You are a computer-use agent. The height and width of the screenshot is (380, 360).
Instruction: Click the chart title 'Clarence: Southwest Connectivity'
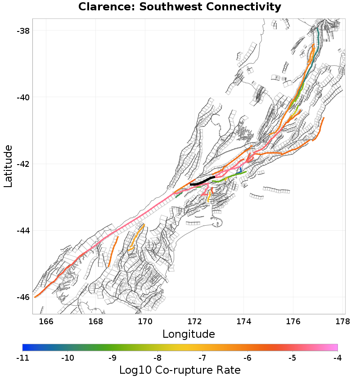pyautogui.click(x=180, y=7)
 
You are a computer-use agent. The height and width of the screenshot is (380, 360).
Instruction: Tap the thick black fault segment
pyautogui.click(x=202, y=182)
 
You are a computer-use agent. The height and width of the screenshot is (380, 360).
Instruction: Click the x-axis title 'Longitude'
pyautogui.click(x=189, y=334)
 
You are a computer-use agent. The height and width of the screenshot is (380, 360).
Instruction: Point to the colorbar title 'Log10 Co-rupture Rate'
pyautogui.click(x=180, y=370)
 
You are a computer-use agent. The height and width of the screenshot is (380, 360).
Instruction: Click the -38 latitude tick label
pyautogui.click(x=22, y=31)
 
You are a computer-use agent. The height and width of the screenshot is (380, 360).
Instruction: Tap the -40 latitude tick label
pyautogui.click(x=22, y=97)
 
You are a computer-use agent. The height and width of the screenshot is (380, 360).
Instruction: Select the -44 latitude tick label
pyautogui.click(x=22, y=231)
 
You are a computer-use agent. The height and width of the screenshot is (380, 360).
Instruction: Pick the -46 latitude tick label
pyautogui.click(x=22, y=297)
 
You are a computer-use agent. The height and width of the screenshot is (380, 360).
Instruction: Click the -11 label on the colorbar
pyautogui.click(x=22, y=358)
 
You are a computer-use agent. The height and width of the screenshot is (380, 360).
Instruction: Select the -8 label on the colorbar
pyautogui.click(x=157, y=358)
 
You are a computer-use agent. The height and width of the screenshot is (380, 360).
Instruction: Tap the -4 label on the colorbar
pyautogui.click(x=337, y=358)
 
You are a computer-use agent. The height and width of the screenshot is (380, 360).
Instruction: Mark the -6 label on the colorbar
pyautogui.click(x=247, y=358)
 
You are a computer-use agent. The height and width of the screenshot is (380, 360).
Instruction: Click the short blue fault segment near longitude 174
pyautogui.click(x=240, y=170)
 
